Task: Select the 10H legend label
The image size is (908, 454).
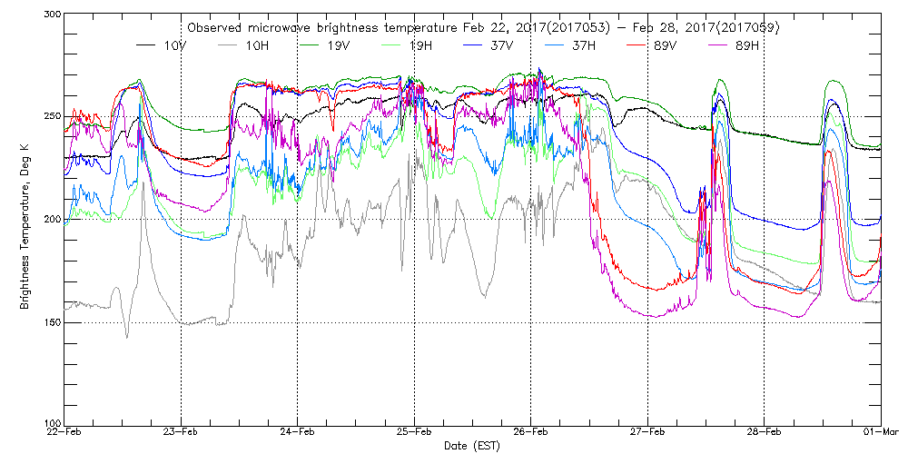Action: [x=247, y=45]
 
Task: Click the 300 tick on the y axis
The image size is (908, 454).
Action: [x=51, y=15]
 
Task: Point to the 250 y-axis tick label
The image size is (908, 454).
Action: [x=51, y=117]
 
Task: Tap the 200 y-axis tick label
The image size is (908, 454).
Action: [x=51, y=220]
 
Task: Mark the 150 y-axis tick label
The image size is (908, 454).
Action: [x=51, y=322]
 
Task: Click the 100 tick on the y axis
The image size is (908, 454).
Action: [x=51, y=423]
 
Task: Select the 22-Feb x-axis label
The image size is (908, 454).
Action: [x=64, y=432]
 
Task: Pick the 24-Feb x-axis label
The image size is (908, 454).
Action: [x=297, y=432]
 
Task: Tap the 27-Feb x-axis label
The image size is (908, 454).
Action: [x=647, y=432]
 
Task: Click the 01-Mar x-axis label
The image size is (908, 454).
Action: [x=879, y=432]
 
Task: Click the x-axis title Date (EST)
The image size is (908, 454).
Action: [x=471, y=446]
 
